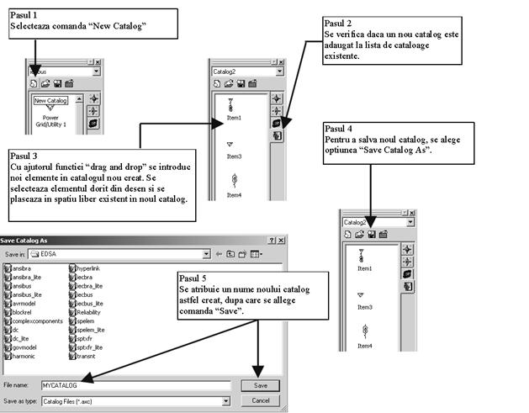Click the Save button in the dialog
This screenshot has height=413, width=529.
(x=260, y=384)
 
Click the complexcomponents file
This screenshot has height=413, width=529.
(x=38, y=322)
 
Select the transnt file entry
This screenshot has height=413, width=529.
(x=89, y=356)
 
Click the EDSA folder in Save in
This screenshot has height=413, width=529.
(x=50, y=253)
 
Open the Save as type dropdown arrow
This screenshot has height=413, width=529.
(x=225, y=400)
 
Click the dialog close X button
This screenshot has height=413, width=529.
(x=282, y=241)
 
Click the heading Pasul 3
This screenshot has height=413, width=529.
(x=24, y=156)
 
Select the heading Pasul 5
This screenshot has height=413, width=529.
(x=194, y=278)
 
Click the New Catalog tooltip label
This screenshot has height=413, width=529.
(x=50, y=101)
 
